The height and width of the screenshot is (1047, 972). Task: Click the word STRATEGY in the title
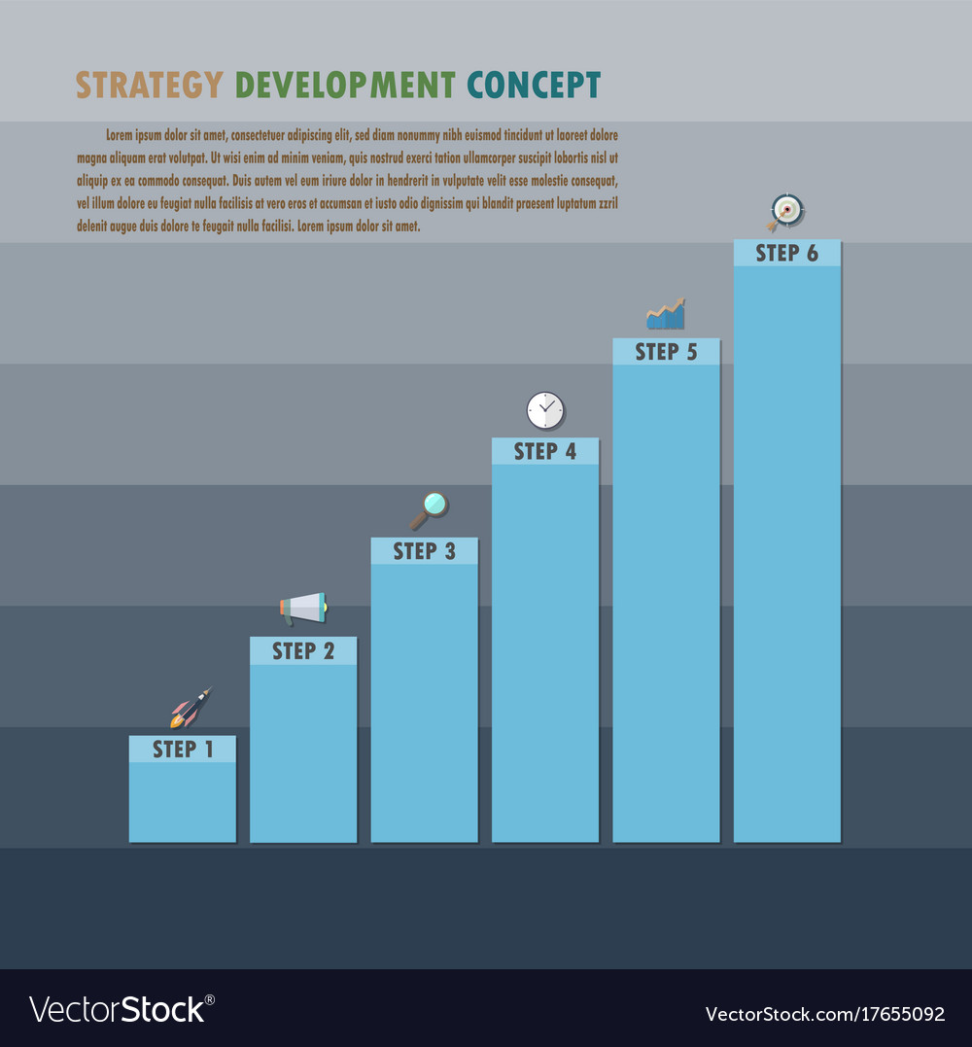coord(149,86)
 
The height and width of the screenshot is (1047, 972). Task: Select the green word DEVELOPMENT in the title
coord(345,86)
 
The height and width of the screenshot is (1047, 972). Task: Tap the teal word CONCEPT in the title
coord(534,86)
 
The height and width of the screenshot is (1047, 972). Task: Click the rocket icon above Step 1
coord(190,709)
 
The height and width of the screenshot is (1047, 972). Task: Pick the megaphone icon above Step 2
coord(303,609)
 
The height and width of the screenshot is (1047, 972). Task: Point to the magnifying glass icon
coord(429,508)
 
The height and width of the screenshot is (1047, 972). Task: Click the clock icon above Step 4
coord(545,410)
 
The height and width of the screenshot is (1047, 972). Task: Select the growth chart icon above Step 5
coord(666,315)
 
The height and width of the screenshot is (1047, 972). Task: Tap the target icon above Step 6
coord(785,210)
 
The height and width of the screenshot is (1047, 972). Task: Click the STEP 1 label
coord(183,750)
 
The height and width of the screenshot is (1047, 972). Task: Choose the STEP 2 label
coord(303,651)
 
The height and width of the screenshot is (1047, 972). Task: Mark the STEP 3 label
coord(424,551)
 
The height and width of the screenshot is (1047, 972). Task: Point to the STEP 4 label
coord(545,451)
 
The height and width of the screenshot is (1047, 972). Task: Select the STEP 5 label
coord(666,352)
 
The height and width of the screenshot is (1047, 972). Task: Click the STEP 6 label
coord(786,254)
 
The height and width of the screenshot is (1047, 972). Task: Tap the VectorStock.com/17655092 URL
coord(824,1014)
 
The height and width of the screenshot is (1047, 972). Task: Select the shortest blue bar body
coord(183,801)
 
